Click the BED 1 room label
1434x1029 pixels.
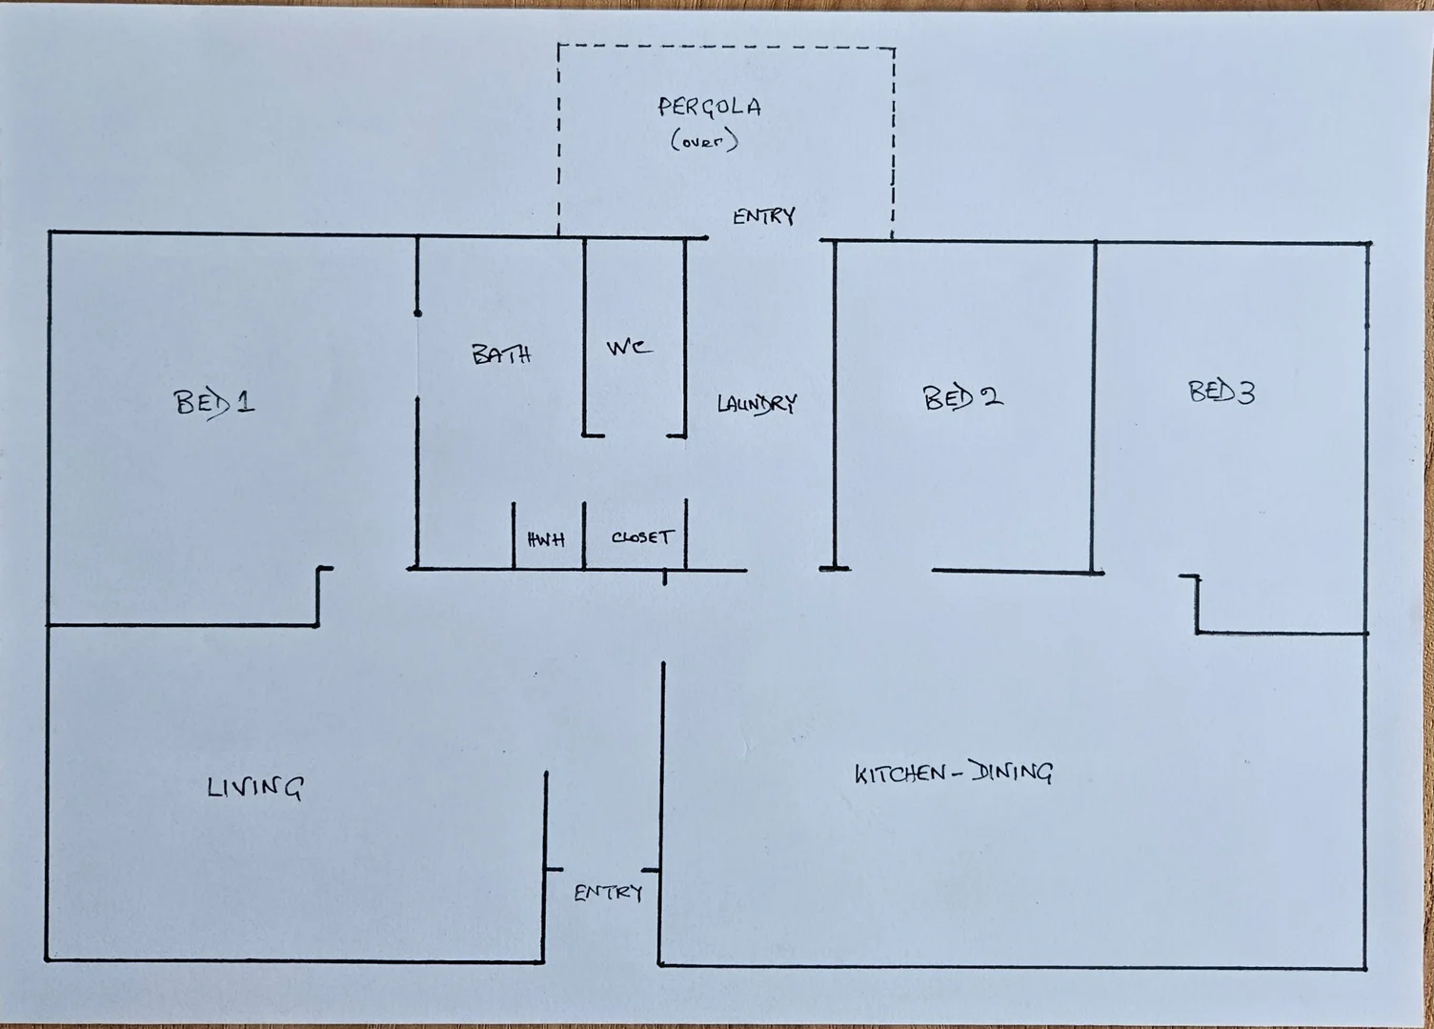pos(214,402)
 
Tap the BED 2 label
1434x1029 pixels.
pos(962,396)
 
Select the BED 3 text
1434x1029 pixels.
pos(1222,392)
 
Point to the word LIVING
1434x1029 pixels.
pos(255,788)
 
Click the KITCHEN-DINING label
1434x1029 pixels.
pos(953,773)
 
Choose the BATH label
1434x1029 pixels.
pos(501,355)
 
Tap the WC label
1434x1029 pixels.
pos(629,348)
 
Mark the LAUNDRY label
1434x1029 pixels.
pos(757,404)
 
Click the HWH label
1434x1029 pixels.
pos(546,540)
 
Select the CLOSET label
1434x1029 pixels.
pos(642,537)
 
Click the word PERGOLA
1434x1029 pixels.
pos(710,107)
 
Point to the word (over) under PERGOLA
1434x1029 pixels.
pos(705,142)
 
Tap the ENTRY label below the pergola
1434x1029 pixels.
pos(763,216)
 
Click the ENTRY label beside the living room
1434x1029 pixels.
pos(608,893)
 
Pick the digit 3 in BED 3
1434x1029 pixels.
pos(1245,392)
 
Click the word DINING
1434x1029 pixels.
pos(1011,773)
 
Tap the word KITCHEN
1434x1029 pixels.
pos(899,774)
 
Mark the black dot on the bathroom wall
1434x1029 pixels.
pos(417,313)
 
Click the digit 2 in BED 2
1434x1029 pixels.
pos(991,396)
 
